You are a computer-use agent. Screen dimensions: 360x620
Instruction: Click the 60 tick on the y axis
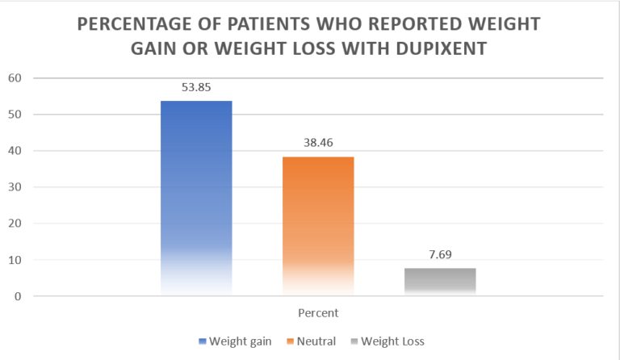click(15, 78)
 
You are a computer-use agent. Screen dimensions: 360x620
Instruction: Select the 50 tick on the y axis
click(15, 115)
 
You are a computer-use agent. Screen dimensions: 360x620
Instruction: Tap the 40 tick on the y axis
click(15, 151)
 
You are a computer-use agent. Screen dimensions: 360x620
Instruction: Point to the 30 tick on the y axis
click(15, 187)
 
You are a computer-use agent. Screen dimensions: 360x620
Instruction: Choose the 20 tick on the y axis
click(15, 224)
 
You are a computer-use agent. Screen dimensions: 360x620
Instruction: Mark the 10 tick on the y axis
click(15, 260)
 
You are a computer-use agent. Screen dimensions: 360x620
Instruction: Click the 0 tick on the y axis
click(18, 296)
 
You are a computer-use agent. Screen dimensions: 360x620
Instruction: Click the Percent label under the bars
click(316, 312)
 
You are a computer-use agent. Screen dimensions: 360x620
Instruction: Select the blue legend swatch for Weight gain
click(202, 341)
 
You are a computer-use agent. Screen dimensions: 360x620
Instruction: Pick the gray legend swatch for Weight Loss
click(354, 341)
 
